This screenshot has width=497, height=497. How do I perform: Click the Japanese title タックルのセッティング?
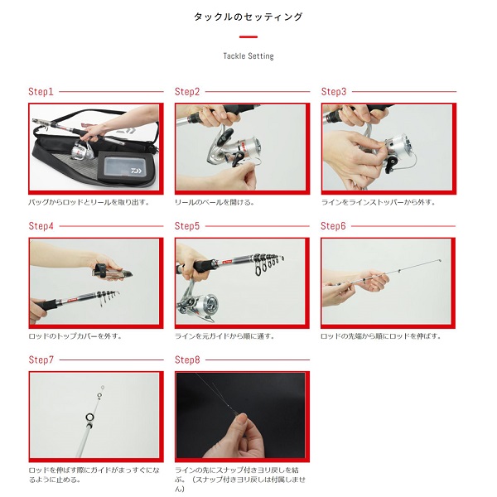tap(248, 17)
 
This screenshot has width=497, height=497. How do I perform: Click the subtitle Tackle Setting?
tap(248, 56)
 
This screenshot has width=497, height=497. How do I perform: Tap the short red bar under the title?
tap(248, 36)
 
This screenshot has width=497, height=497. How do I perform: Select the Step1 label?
tap(41, 92)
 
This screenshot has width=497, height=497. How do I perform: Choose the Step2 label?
tap(187, 92)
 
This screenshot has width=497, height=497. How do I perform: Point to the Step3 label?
tap(334, 92)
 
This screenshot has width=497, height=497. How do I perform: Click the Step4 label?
tap(41, 226)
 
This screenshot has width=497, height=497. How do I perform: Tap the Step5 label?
tap(187, 226)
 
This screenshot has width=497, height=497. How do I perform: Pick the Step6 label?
tap(333, 226)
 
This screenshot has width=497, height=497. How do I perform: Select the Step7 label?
tap(41, 359)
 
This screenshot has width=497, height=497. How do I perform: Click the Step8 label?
tap(187, 359)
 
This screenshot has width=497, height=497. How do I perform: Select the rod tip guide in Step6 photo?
tap(440, 261)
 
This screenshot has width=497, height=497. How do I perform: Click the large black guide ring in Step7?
tap(89, 417)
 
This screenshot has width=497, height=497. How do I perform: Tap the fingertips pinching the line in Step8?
tap(242, 420)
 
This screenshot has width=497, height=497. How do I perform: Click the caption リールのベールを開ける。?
tap(215, 202)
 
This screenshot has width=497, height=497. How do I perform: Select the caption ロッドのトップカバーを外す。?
tap(75, 336)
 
